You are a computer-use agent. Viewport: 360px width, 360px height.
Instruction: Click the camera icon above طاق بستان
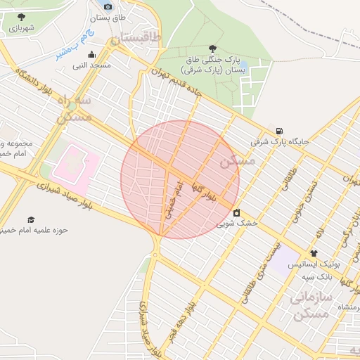click(x=108, y=6)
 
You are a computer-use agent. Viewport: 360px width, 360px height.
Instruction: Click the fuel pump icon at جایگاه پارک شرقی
click(x=281, y=130)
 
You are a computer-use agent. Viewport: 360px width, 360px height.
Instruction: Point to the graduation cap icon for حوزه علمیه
click(x=30, y=220)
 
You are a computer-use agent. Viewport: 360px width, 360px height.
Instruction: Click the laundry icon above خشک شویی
click(x=236, y=212)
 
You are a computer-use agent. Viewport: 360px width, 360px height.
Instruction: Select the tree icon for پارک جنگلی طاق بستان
click(x=212, y=49)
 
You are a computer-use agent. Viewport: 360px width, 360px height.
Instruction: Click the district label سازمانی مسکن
click(x=310, y=306)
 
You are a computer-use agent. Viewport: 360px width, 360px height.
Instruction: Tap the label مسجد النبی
click(x=91, y=65)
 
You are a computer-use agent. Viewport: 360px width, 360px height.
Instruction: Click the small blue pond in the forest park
click(x=243, y=65)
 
